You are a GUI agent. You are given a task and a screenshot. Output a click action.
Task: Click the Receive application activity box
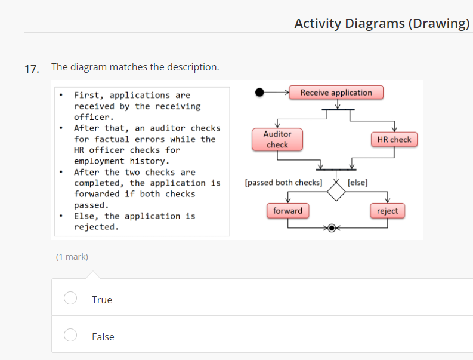point(336,93)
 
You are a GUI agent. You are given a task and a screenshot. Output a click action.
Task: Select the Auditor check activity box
point(277,140)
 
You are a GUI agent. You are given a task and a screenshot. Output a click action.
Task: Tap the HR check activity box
point(394,140)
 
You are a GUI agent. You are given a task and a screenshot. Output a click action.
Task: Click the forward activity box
point(287,211)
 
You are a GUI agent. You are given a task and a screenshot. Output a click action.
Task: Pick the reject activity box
point(387,211)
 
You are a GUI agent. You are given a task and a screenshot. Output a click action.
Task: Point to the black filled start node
point(259,93)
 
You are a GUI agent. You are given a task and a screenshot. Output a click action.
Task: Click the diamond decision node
point(336,192)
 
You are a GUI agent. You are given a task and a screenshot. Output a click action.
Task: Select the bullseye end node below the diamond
point(332,228)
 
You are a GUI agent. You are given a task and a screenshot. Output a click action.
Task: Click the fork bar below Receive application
point(338,110)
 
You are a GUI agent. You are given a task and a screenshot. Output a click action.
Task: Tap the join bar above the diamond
point(336,170)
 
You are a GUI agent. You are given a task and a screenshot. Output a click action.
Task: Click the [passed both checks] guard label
point(283,183)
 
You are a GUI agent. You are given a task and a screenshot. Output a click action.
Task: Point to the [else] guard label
point(357,183)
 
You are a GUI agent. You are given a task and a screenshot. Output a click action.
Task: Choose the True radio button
point(70,298)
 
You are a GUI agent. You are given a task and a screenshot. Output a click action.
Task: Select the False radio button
point(70,335)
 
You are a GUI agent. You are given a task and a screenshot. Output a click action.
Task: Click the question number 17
point(32,68)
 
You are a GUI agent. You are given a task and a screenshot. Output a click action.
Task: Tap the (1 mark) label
point(72,257)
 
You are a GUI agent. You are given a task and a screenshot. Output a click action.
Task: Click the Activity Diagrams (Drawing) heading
point(382,23)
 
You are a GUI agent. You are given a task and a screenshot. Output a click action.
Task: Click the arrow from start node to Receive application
point(277,93)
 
